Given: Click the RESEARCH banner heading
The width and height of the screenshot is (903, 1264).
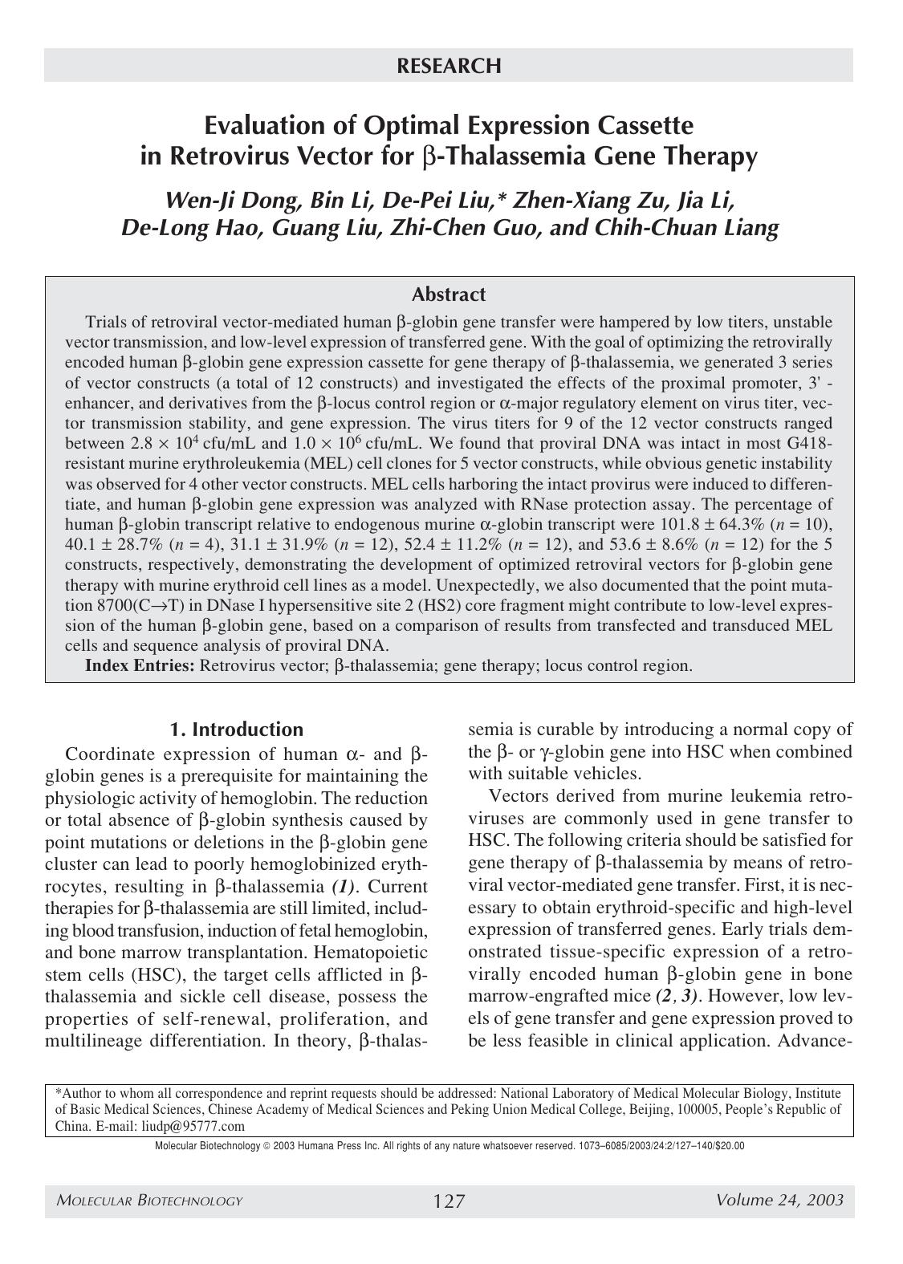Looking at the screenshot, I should [449, 66].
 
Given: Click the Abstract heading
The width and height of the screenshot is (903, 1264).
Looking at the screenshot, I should [449, 295].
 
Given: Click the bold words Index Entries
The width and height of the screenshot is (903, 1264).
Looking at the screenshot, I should [140, 665].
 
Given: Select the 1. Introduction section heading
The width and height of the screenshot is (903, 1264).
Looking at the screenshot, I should [236, 730].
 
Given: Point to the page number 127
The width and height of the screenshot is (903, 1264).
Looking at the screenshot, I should [449, 1201].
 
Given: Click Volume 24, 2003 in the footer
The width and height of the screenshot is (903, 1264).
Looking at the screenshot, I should [779, 1200].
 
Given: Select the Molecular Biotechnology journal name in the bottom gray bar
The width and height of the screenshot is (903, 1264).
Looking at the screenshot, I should [149, 1201].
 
